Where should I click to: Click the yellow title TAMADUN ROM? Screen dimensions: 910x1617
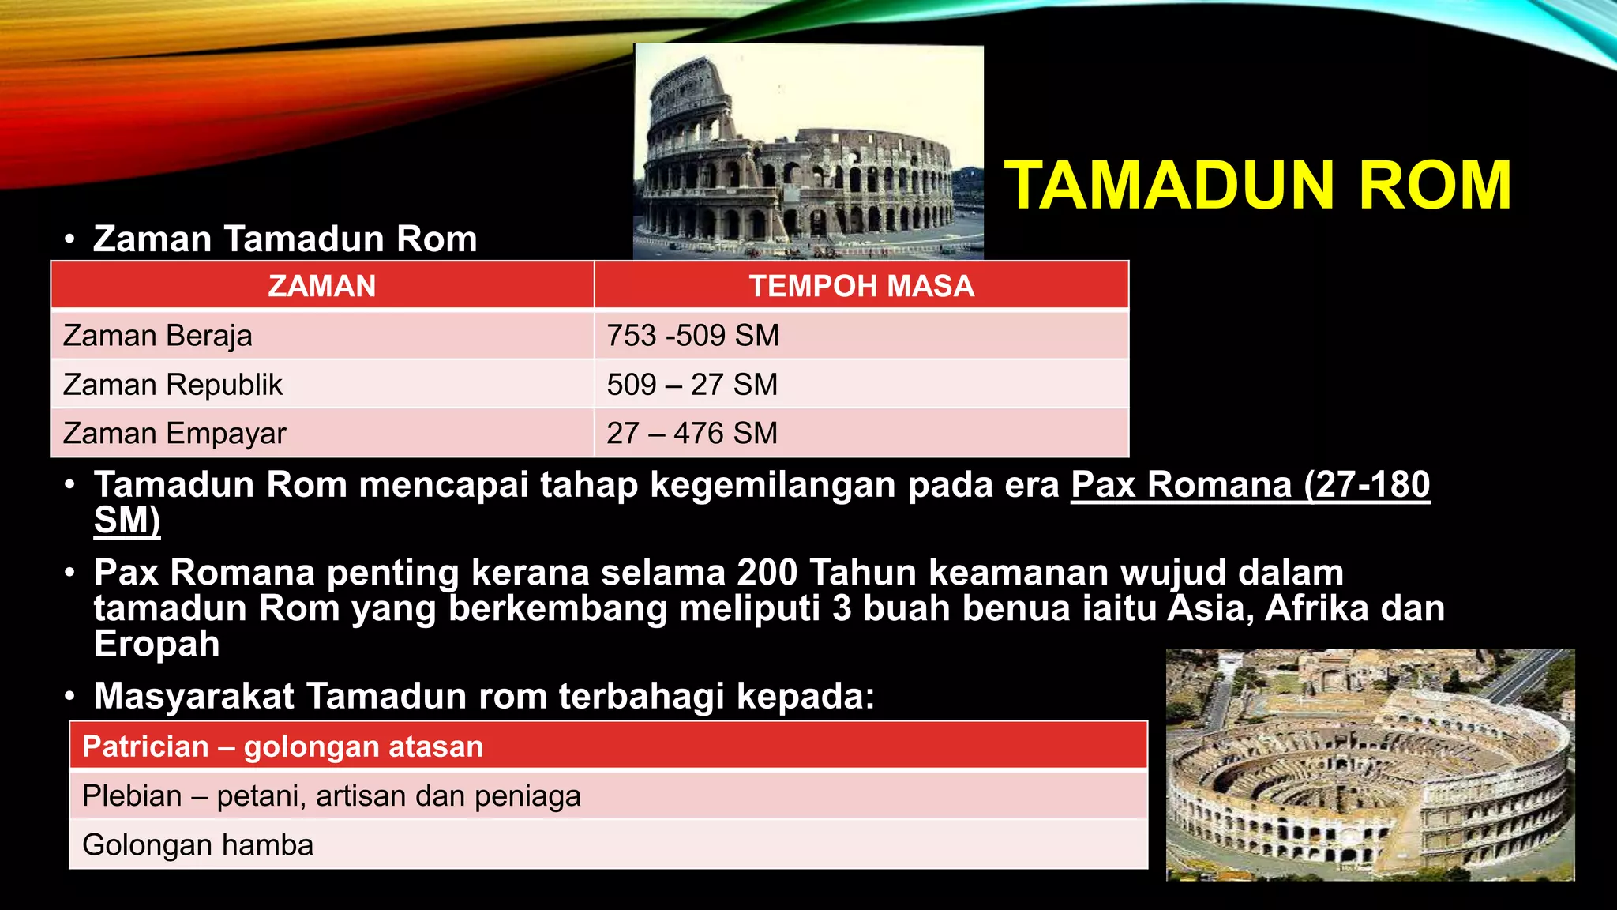tap(1257, 186)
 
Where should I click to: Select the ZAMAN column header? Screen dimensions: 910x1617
tap(322, 286)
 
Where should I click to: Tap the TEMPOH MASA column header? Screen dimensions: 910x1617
tap(861, 286)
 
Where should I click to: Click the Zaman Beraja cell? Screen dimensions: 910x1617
tap(158, 336)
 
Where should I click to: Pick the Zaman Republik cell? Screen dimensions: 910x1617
tap(172, 385)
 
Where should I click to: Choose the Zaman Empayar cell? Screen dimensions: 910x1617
tap(174, 434)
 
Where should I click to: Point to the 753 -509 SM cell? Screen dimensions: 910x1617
tap(692, 336)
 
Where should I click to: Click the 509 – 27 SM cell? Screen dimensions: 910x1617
tap(692, 385)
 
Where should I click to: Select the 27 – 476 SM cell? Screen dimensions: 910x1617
tap(692, 434)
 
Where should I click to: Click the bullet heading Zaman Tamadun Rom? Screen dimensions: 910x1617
tap(285, 239)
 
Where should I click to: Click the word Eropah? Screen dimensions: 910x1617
tap(156, 644)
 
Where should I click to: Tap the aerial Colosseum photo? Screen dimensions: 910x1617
tap(1370, 764)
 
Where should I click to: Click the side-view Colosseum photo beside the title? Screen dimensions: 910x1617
tap(808, 152)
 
